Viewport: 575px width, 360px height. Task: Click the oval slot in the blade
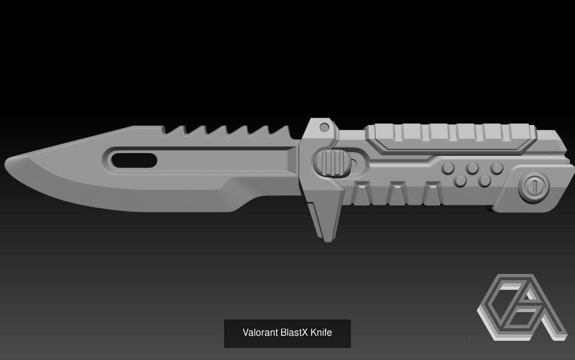point(134,160)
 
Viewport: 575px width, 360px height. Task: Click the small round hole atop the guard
point(324,127)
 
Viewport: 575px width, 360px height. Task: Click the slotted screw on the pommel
point(534,186)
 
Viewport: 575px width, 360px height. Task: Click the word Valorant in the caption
point(260,333)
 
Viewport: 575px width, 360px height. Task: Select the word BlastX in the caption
point(294,333)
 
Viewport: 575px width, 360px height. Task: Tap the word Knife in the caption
point(321,333)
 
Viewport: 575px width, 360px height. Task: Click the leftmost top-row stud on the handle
point(448,168)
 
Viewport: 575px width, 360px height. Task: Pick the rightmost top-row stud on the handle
point(497,168)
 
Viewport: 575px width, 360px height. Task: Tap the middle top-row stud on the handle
point(472,168)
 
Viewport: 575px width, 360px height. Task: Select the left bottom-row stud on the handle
point(460,181)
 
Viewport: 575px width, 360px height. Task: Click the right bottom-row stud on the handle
point(484,181)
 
